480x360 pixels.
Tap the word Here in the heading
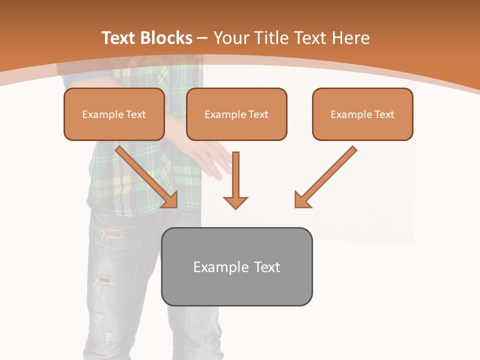coord(350,38)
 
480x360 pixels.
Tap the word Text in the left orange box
coord(135,114)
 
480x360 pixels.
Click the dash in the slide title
coord(202,38)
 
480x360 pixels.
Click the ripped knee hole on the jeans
coord(104,280)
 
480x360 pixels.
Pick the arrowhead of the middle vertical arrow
coord(235,202)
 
